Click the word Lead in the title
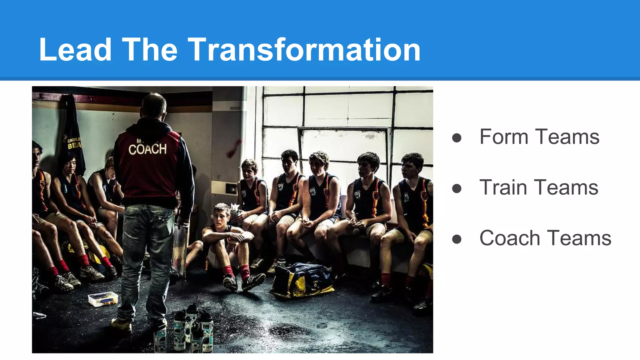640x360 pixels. click(75, 49)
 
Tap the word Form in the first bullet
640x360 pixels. click(504, 137)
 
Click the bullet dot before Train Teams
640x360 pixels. click(457, 188)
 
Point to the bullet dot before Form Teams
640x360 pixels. click(457, 138)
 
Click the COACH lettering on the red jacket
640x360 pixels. click(147, 149)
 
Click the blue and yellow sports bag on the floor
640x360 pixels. click(302, 280)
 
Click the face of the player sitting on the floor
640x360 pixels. click(221, 217)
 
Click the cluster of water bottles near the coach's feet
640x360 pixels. click(192, 328)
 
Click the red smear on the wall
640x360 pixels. click(234, 148)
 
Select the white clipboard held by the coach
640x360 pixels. click(181, 247)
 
